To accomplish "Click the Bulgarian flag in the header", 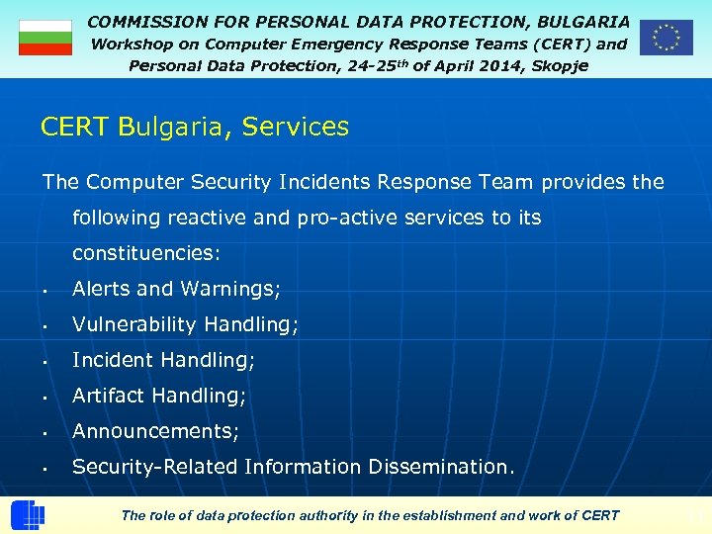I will point(45,38).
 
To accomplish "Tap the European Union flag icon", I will point(666,38).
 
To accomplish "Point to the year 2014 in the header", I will point(482,64).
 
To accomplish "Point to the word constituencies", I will point(146,253).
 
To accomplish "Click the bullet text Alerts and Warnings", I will point(176,289).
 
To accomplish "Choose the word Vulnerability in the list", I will point(134,324).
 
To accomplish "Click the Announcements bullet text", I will point(155,431).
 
